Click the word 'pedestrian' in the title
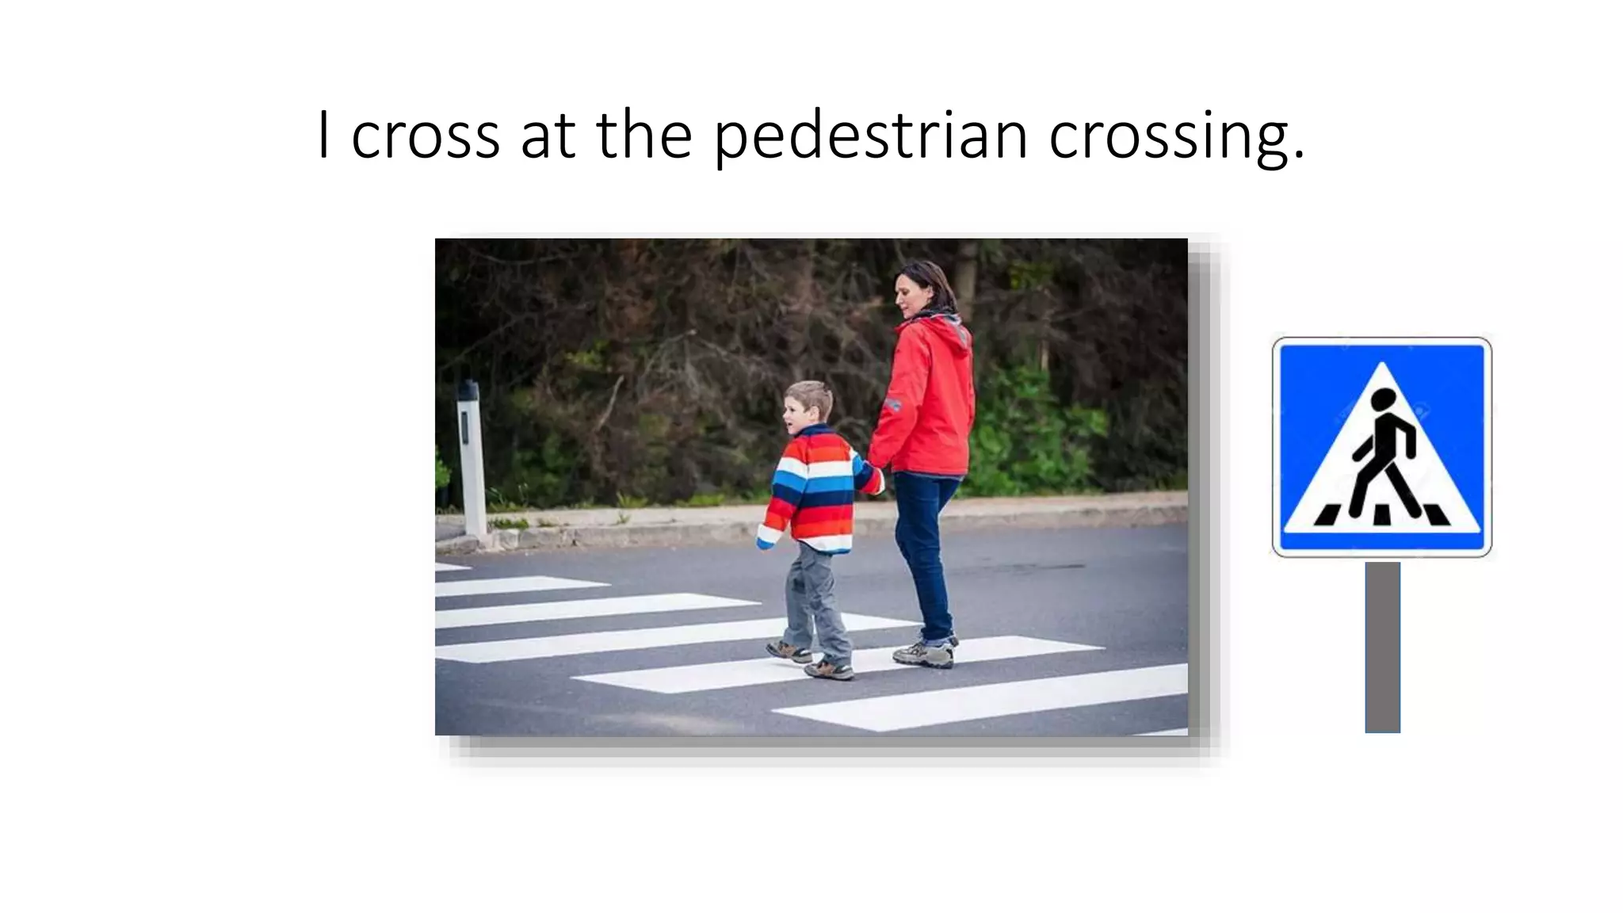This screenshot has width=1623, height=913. [869, 136]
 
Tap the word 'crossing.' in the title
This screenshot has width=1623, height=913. [1176, 136]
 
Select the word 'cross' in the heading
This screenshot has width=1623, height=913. [425, 136]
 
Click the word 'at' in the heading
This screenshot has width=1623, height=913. [547, 136]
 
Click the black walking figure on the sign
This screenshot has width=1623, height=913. [1382, 460]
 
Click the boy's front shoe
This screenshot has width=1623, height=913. [829, 670]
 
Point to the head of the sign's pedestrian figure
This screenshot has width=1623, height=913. [1384, 400]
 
